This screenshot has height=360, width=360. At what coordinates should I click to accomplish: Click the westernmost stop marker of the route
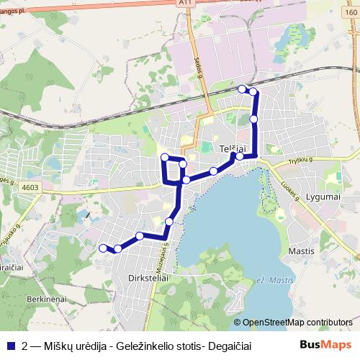pyautogui.click(x=102, y=247)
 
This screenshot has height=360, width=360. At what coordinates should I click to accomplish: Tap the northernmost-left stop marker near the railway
pyautogui.click(x=242, y=89)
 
